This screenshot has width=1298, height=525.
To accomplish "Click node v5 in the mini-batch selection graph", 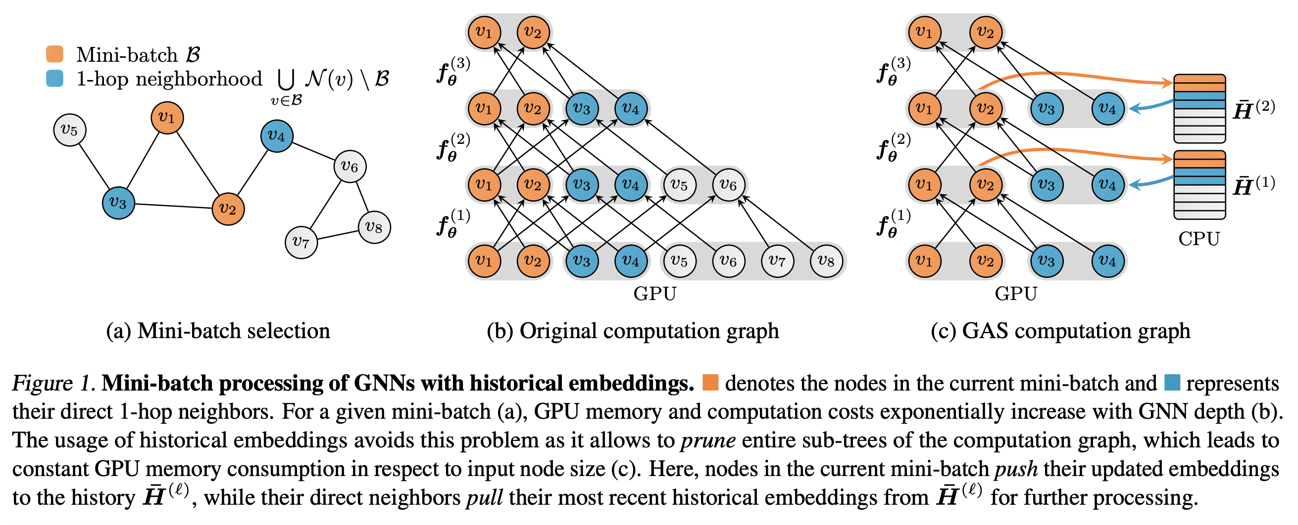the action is (69, 130).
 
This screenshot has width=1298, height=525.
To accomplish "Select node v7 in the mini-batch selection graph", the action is (301, 242).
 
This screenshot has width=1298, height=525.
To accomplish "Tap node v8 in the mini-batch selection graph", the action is (374, 227).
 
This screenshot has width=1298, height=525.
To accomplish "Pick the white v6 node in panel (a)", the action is (349, 166).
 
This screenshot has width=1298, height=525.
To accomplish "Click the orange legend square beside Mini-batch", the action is (54, 54).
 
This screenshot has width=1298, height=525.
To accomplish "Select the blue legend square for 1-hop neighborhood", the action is (54, 79).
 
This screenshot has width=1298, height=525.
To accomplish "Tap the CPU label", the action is (1198, 239).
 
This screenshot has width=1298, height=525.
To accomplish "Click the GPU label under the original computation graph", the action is (654, 294).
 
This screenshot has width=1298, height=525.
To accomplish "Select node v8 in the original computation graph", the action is (826, 261).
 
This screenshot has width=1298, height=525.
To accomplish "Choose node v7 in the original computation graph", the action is (778, 261).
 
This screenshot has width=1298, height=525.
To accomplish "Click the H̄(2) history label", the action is (1254, 109).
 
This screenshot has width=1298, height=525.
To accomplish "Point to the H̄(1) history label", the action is (1254, 185).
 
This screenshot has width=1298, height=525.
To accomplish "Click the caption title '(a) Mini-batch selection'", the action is (218, 331).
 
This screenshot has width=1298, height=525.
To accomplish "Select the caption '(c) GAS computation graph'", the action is (1061, 331).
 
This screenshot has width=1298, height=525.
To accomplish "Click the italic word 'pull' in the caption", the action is (485, 498).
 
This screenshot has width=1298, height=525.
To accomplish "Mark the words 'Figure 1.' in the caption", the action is (54, 383).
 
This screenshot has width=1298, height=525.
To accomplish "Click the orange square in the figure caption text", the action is (710, 383).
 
